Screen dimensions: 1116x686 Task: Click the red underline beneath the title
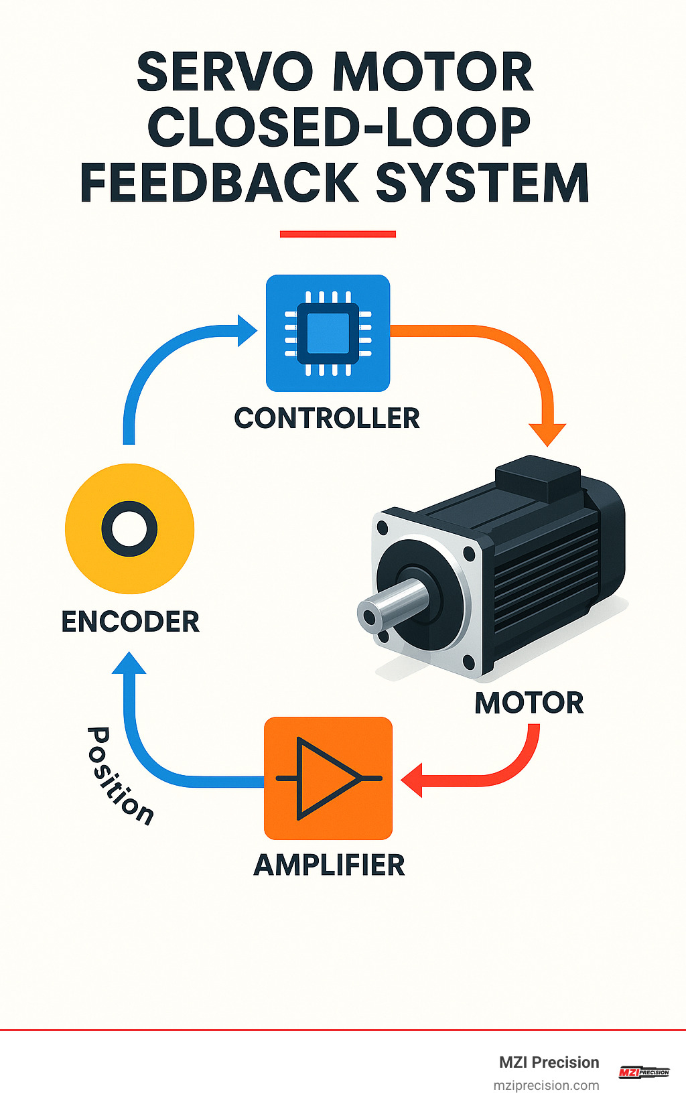click(x=338, y=234)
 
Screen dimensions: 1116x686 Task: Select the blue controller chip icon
click(x=328, y=333)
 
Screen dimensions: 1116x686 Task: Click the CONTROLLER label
click(x=327, y=418)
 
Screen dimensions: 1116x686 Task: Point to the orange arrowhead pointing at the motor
click(x=547, y=433)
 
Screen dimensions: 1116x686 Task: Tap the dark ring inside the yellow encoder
click(x=129, y=529)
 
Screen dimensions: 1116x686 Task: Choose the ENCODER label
click(x=130, y=622)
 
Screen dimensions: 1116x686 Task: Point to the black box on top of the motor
click(x=538, y=476)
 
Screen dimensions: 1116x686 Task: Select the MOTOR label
click(x=529, y=703)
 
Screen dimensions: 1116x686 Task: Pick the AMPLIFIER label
click(x=329, y=865)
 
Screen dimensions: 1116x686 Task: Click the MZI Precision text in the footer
click(x=549, y=1062)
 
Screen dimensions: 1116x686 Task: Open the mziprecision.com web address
click(x=546, y=1085)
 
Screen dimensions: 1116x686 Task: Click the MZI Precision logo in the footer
click(x=643, y=1072)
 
